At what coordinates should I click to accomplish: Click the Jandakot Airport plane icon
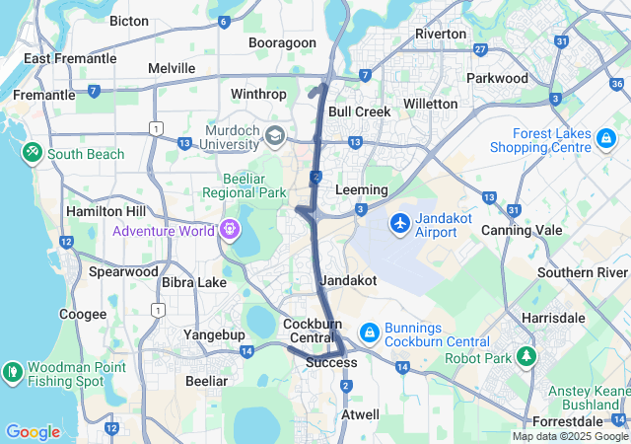click(x=400, y=223)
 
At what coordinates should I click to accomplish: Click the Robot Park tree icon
click(x=528, y=356)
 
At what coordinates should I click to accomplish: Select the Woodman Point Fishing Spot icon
click(x=13, y=373)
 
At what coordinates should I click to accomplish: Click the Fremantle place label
click(x=43, y=95)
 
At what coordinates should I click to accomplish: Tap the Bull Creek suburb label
click(x=360, y=111)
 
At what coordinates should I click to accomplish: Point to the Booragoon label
click(x=282, y=43)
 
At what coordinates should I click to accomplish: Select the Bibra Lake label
click(x=193, y=282)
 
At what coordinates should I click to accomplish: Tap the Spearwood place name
click(x=123, y=270)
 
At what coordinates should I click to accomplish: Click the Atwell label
click(x=359, y=415)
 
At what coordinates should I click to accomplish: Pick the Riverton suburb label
click(x=441, y=34)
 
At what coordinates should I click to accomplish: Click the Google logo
click(x=33, y=432)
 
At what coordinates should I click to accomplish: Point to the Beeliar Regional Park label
click(x=245, y=185)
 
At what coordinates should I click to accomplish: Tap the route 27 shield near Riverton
click(x=480, y=49)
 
